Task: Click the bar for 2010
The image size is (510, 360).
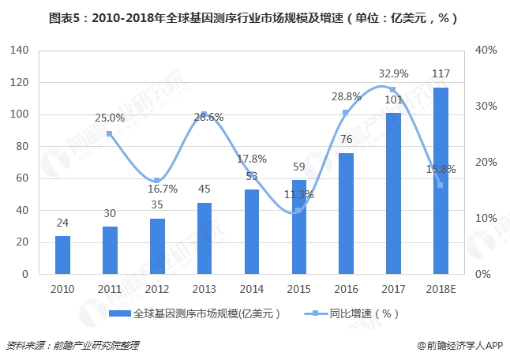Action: coord(62,255)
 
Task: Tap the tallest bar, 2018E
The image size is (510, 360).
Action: coord(441,181)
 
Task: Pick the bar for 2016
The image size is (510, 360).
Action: coord(347,213)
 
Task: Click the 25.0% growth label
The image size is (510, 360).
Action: coord(109,118)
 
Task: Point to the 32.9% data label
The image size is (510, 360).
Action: coord(393,74)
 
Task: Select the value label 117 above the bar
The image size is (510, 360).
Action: coord(441,74)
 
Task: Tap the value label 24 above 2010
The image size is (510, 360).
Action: coord(62,223)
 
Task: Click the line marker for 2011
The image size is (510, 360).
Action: coord(110,134)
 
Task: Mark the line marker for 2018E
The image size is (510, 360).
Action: coord(441,186)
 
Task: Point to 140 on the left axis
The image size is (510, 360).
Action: coord(18,51)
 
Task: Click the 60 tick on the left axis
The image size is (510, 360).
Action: coord(21,178)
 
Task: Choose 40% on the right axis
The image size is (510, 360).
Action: coord(486,51)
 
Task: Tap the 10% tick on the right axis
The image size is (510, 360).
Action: coord(486,219)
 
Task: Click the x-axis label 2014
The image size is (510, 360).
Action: coord(252,289)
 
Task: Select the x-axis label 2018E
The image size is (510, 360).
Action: coord(441,289)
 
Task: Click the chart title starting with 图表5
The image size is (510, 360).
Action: coord(255,17)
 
